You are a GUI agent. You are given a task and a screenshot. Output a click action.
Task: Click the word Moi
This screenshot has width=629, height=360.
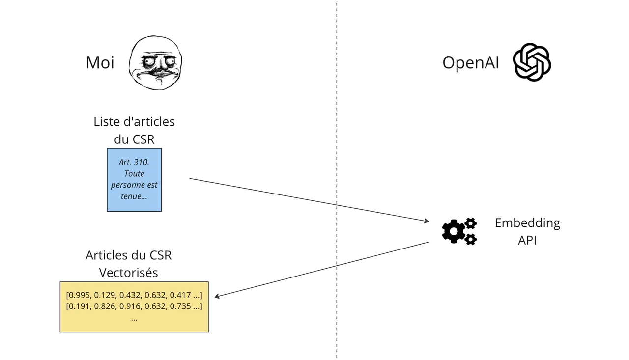(x=100, y=62)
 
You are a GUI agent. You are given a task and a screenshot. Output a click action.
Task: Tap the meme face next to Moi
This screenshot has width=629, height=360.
(x=155, y=63)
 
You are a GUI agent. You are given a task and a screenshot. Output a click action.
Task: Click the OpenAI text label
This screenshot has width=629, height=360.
(x=470, y=62)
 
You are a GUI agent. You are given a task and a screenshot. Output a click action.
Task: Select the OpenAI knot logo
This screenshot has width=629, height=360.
(x=532, y=62)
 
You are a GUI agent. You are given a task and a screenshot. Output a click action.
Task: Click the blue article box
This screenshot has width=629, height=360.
(x=134, y=179)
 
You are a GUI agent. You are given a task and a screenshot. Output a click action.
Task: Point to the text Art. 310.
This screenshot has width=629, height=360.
(x=134, y=162)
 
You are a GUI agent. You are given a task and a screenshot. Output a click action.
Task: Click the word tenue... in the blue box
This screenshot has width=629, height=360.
(x=134, y=196)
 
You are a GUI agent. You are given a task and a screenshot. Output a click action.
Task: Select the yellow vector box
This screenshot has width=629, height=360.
(x=134, y=307)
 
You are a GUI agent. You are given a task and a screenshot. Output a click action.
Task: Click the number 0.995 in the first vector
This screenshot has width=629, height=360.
(x=79, y=295)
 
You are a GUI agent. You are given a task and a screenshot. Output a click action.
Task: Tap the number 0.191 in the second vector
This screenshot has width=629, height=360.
(x=79, y=306)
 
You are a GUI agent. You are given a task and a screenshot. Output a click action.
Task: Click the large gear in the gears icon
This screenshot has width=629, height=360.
(x=453, y=231)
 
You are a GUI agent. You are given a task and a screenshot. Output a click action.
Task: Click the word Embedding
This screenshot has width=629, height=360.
(x=527, y=223)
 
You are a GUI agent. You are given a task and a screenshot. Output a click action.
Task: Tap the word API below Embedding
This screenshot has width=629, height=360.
(x=527, y=241)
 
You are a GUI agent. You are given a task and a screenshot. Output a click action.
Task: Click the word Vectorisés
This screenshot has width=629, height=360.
(x=128, y=273)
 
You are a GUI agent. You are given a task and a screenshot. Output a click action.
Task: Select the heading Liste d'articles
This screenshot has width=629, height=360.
(x=134, y=121)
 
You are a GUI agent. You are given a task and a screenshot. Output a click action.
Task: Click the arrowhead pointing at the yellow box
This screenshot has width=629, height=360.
(x=218, y=296)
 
